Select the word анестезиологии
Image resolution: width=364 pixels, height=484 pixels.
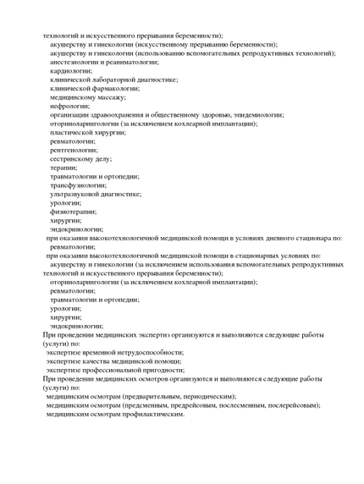[x=74, y=62]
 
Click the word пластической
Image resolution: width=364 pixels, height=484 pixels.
[x=74, y=132]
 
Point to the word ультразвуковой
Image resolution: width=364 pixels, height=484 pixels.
[x=77, y=194]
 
